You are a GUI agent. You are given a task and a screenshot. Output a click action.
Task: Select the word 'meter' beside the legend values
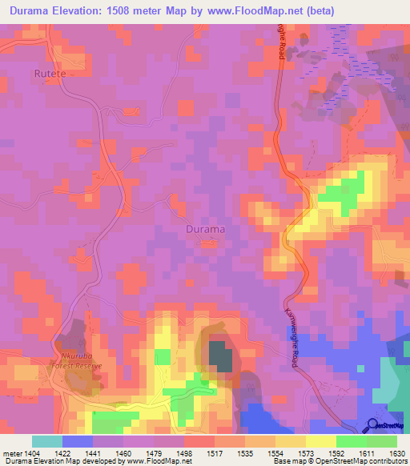point(14,452)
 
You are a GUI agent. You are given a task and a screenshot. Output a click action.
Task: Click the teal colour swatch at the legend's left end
point(47,441)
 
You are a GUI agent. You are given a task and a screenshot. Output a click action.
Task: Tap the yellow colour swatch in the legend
point(320,441)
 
